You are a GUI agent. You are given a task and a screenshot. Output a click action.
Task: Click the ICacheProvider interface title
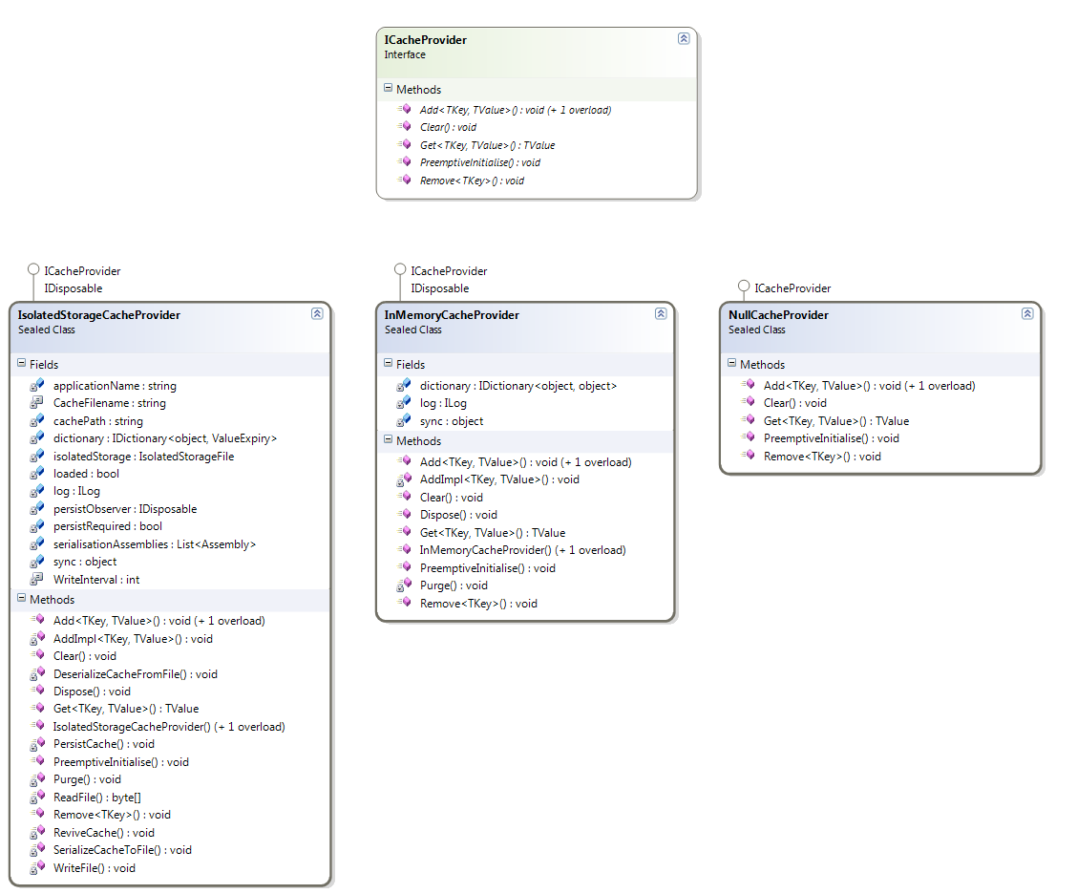[x=425, y=40]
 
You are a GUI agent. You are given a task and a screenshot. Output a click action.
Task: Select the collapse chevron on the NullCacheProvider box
[x=1026, y=313]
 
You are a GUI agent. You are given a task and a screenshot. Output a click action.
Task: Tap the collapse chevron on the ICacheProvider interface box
[x=684, y=38]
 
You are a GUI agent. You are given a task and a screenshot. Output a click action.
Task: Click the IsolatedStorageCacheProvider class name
[x=99, y=315]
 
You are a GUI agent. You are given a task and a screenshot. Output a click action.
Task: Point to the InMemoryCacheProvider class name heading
[x=452, y=315]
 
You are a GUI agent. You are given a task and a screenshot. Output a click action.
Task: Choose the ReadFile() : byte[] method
[x=96, y=798]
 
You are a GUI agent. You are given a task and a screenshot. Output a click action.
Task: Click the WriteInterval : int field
[x=96, y=579]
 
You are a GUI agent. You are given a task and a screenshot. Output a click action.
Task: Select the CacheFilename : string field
[x=109, y=403]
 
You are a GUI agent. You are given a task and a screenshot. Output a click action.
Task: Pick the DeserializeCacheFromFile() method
[x=136, y=674]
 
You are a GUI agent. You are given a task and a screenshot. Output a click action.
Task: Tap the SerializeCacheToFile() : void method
[x=122, y=850]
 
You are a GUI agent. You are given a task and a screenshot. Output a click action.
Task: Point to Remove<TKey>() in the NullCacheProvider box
[x=822, y=457]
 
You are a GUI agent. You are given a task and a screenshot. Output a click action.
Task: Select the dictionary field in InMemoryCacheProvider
[x=518, y=386]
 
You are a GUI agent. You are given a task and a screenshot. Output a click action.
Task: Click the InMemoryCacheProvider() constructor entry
[x=522, y=550]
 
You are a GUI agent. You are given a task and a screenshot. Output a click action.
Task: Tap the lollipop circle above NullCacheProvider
[x=743, y=286]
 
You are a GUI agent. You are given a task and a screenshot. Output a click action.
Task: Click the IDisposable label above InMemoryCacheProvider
[x=439, y=288]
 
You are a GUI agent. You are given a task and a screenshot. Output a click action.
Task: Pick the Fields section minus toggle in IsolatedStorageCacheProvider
[x=21, y=363]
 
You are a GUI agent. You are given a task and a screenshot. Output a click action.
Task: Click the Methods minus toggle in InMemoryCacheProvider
[x=388, y=439]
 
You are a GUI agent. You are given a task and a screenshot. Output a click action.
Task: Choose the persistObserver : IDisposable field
[x=125, y=508]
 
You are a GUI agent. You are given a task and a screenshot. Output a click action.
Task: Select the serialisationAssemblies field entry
[x=155, y=544]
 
